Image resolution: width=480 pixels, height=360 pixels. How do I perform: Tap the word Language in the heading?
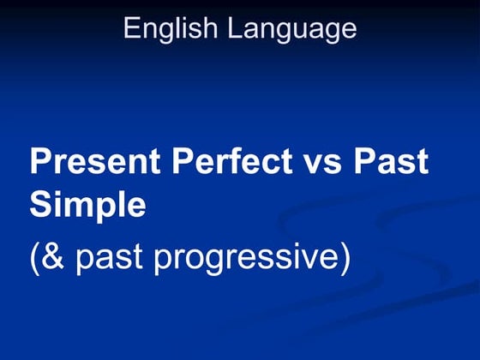[291, 28]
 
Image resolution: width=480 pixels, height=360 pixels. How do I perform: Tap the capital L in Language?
[234, 27]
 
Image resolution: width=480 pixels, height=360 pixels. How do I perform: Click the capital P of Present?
[40, 162]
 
